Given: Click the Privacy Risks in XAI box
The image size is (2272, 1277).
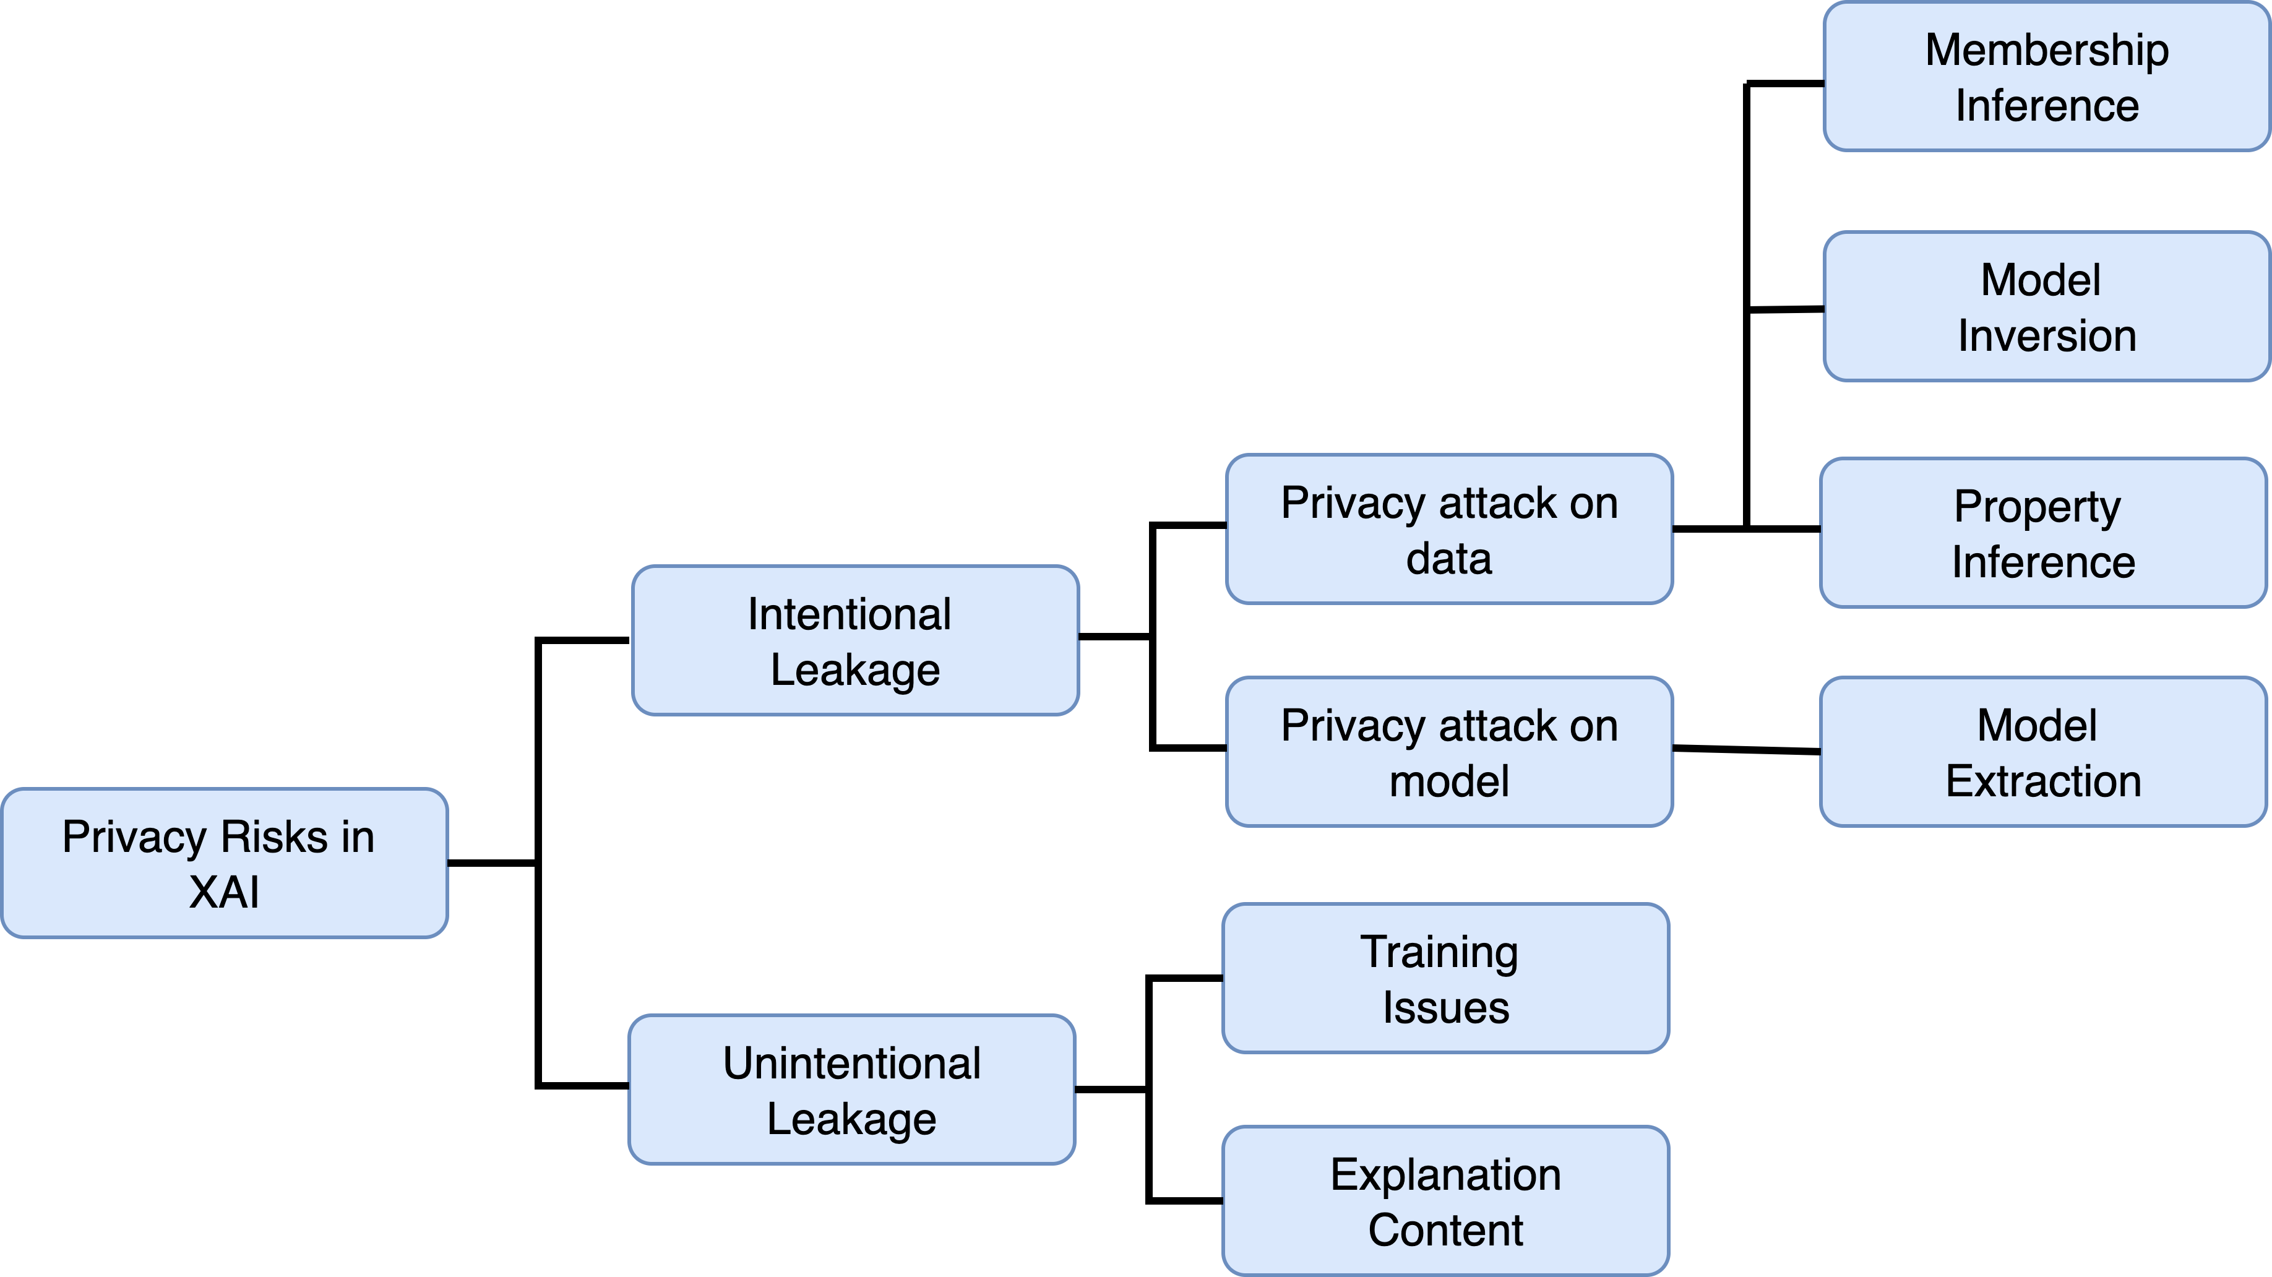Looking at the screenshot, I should click(x=225, y=862).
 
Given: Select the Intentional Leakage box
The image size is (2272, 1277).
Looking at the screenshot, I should click(x=854, y=640).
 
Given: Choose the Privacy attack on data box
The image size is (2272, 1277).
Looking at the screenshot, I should click(x=1449, y=529).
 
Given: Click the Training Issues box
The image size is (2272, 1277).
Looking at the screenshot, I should click(x=1445, y=978).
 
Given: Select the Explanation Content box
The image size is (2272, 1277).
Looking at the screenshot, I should click(x=1445, y=1200).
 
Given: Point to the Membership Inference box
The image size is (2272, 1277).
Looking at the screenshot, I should click(x=2046, y=77).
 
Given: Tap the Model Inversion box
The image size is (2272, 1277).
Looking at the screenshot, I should click(x=2046, y=307).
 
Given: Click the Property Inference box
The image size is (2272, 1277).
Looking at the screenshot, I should click(x=2042, y=533).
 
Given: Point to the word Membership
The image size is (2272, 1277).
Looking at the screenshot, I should click(x=2046, y=49).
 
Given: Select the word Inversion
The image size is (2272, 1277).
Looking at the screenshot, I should click(x=2046, y=336).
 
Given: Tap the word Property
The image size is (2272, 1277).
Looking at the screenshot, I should click(x=2036, y=507).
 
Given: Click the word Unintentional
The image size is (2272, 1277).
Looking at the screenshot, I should click(x=851, y=1063).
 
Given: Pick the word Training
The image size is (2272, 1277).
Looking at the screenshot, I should click(x=1439, y=952).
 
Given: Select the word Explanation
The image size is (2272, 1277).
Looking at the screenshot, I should click(x=1445, y=1175).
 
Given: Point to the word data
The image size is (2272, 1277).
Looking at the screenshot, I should click(x=1449, y=558).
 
